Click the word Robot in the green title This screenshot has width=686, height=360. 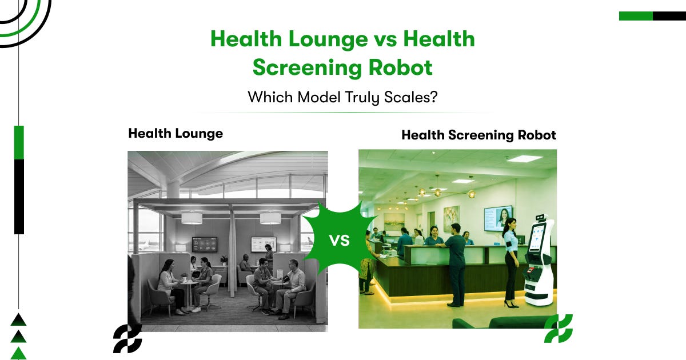pyautogui.click(x=401, y=67)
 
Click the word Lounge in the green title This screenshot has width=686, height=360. pyautogui.click(x=328, y=40)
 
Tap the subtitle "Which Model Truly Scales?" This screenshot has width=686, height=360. pyautogui.click(x=342, y=97)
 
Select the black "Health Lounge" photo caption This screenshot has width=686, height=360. pyautogui.click(x=176, y=134)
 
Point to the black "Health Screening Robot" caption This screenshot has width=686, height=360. pyautogui.click(x=478, y=135)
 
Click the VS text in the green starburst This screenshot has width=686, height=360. pyautogui.click(x=340, y=241)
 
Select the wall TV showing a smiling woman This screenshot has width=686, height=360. pyautogui.click(x=498, y=218)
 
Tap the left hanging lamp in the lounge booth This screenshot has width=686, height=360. pyautogui.click(x=192, y=218)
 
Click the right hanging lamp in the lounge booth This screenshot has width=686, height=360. pyautogui.click(x=270, y=218)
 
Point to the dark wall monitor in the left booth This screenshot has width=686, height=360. pyautogui.click(x=205, y=245)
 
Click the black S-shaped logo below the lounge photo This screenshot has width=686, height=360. pyautogui.click(x=127, y=338)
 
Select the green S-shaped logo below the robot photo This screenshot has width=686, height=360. pyautogui.click(x=559, y=329)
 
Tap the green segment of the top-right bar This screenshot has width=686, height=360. pyautogui.click(x=636, y=16)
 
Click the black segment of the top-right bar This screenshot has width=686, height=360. pyautogui.click(x=669, y=16)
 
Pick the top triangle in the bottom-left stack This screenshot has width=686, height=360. pyautogui.click(x=18, y=319)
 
